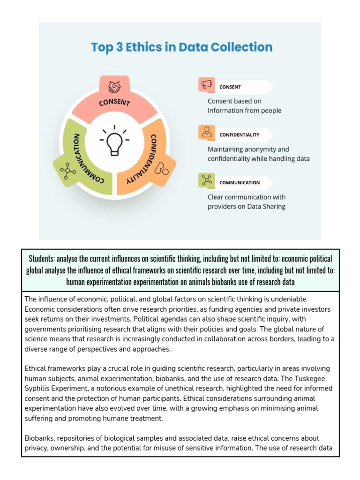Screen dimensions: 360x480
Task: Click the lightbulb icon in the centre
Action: [114, 140]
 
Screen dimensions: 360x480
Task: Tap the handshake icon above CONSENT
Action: [114, 87]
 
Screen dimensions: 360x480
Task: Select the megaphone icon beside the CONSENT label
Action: [207, 85]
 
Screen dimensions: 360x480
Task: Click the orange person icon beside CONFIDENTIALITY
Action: [207, 132]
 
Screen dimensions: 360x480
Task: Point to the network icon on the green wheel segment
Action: [68, 171]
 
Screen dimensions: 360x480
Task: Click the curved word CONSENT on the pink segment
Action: [114, 102]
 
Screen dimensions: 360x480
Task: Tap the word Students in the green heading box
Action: [41, 259]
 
